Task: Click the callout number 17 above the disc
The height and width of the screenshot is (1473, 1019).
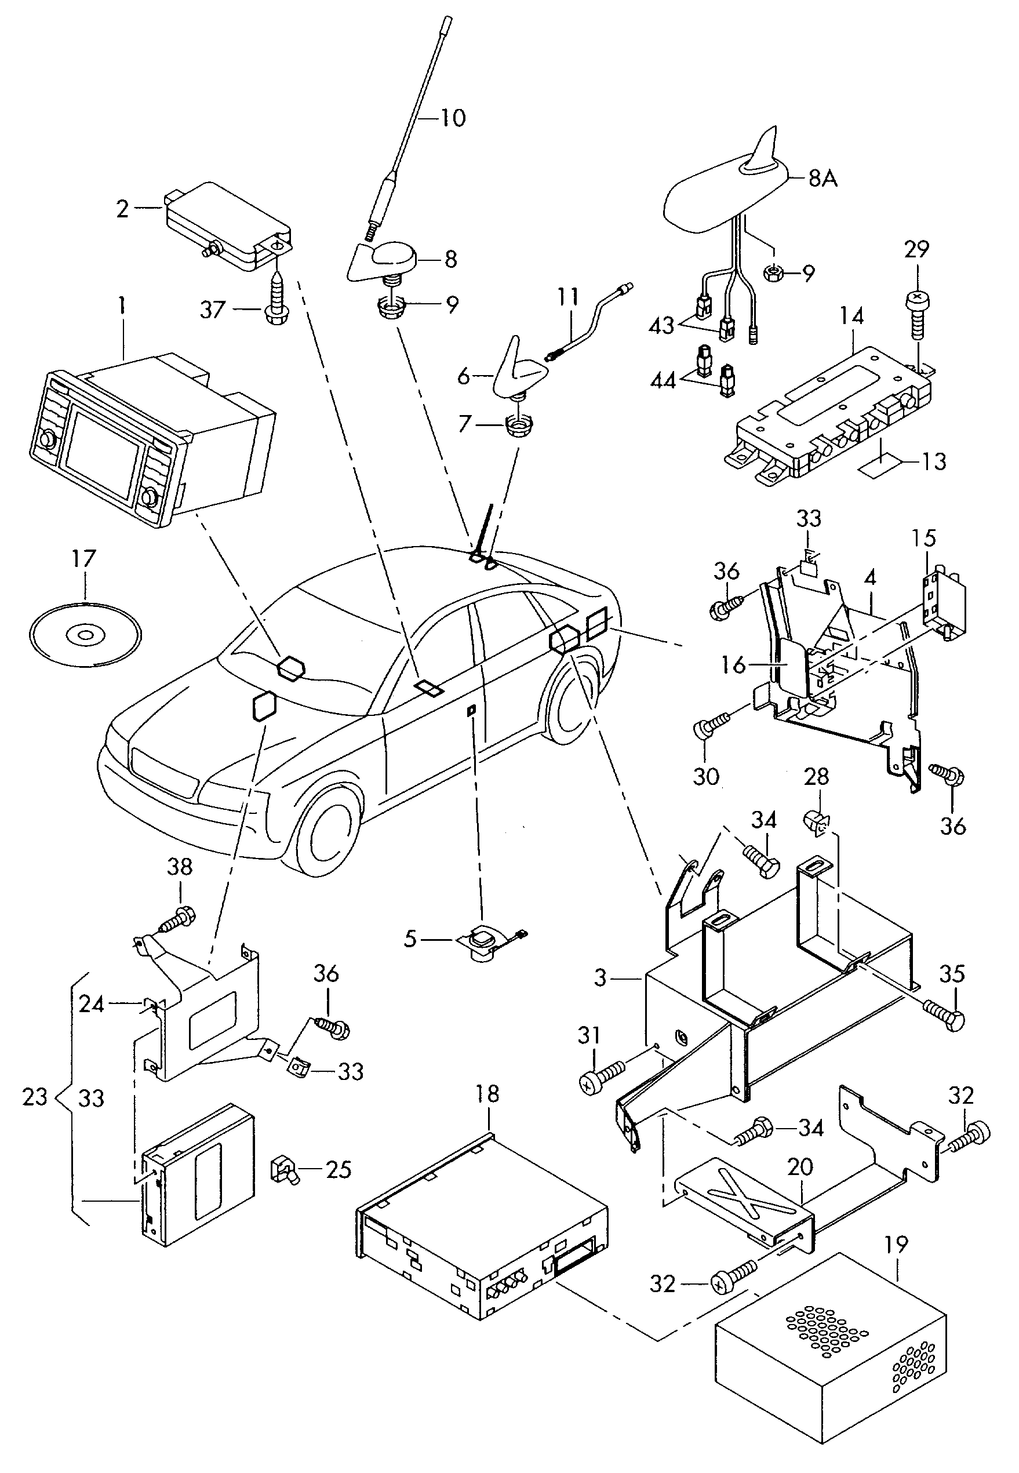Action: [x=83, y=559]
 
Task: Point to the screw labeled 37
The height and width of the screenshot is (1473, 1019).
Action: [x=275, y=299]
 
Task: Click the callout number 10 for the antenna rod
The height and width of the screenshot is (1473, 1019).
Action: [x=453, y=118]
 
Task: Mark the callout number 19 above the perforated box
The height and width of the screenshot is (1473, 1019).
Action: [x=897, y=1245]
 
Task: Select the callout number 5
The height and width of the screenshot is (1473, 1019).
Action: [x=410, y=939]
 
